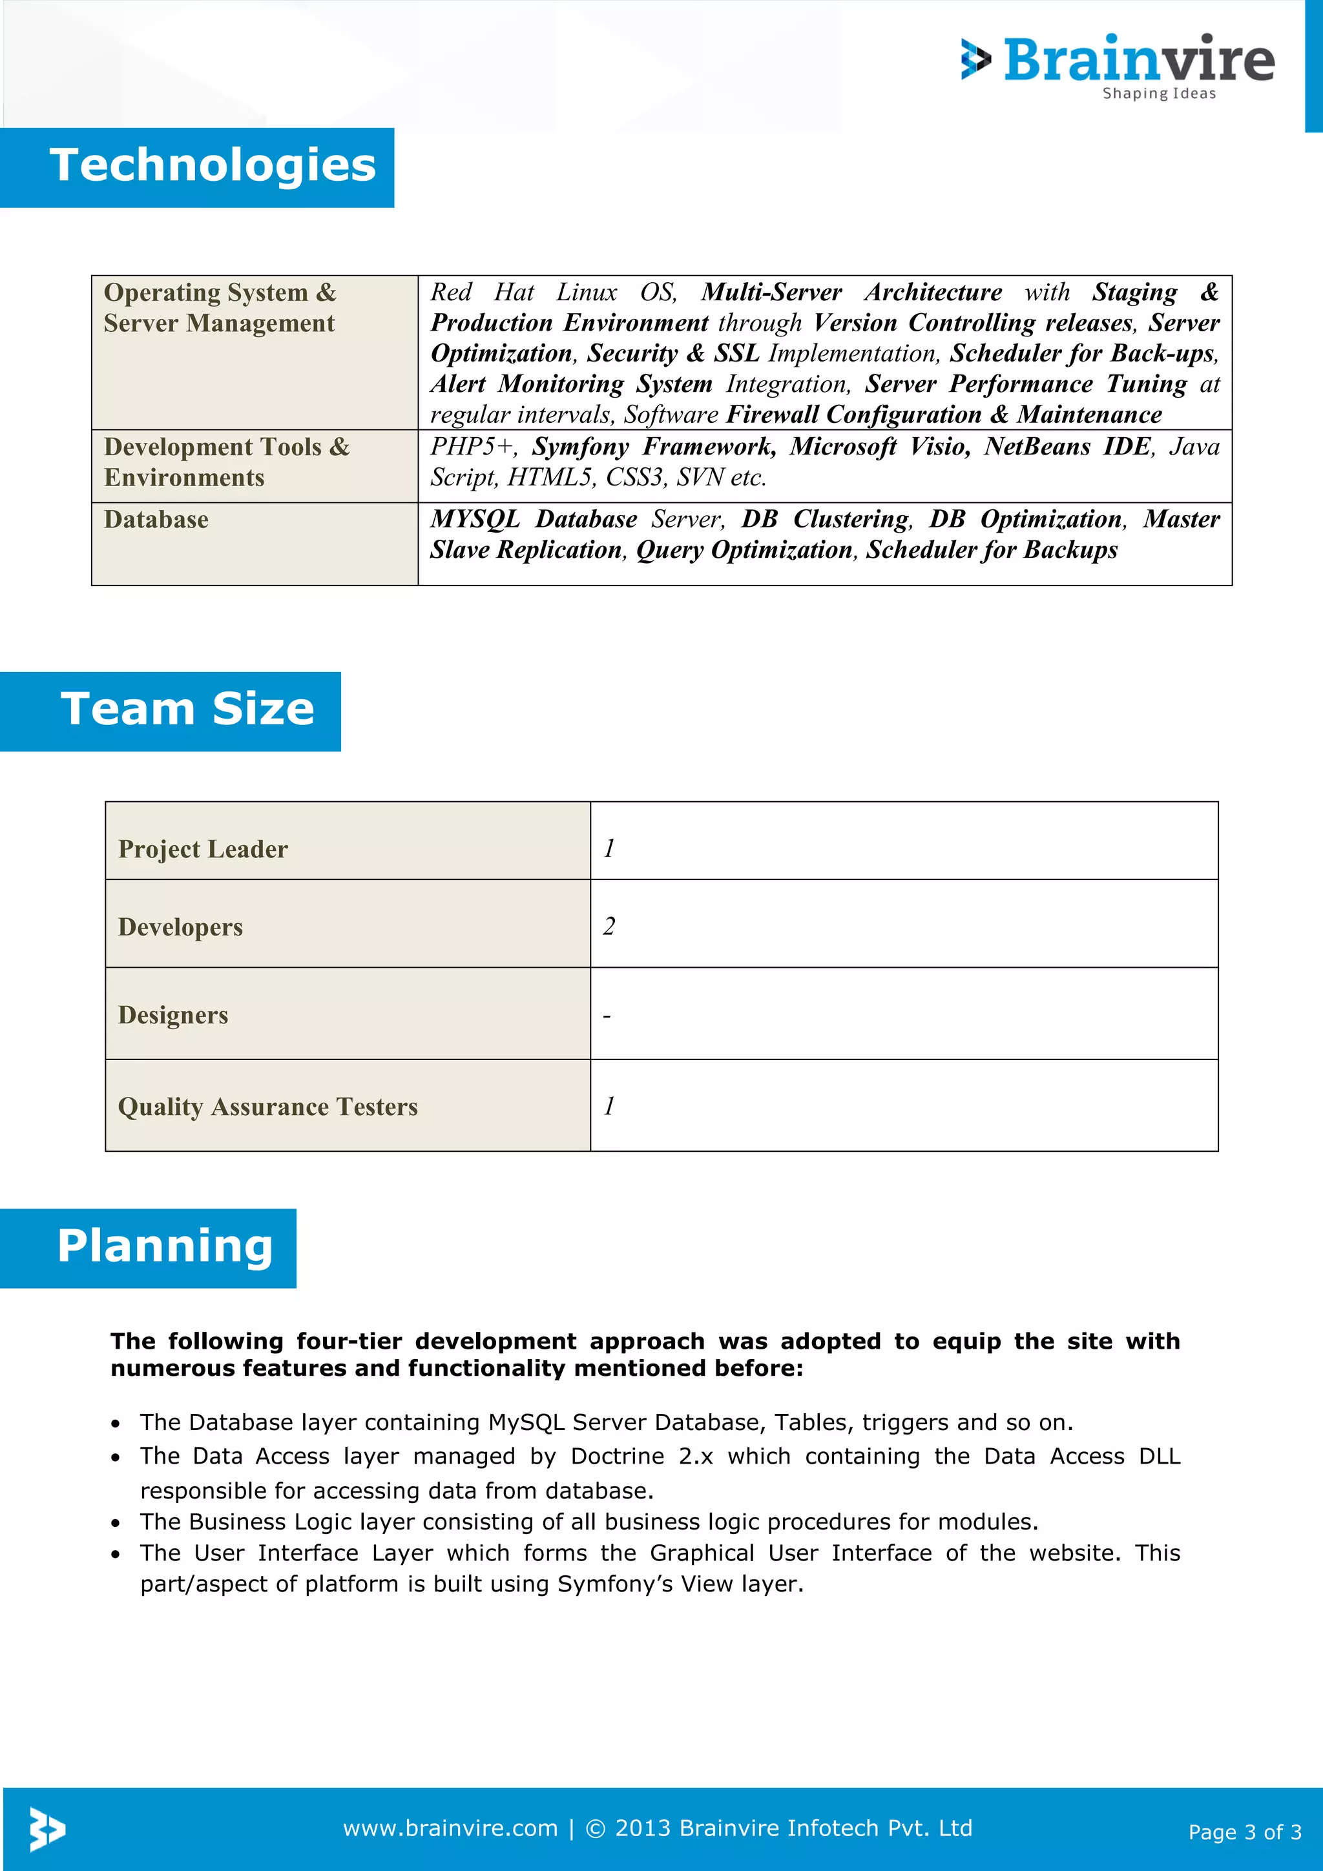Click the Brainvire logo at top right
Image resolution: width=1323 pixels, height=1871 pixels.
pyautogui.click(x=1118, y=65)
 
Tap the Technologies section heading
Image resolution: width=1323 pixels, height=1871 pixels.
pyautogui.click(x=213, y=165)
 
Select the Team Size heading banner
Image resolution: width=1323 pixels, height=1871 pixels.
pyautogui.click(x=187, y=709)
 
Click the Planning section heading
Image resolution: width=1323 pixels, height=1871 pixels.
pyautogui.click(x=165, y=1246)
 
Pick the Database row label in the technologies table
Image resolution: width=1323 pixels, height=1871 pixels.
pyautogui.click(x=156, y=520)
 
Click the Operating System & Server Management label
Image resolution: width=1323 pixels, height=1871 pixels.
pyautogui.click(x=219, y=307)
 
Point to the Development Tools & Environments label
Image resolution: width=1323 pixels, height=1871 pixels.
pyautogui.click(x=226, y=462)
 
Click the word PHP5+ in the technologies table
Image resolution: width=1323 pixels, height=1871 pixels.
pyautogui.click(x=473, y=447)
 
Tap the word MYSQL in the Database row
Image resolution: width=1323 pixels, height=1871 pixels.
pyautogui.click(x=475, y=519)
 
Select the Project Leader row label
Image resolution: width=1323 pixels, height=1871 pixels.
pyautogui.click(x=203, y=849)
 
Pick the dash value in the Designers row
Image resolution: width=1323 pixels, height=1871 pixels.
pyautogui.click(x=607, y=1017)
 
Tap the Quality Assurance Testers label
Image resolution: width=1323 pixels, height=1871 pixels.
pyautogui.click(x=267, y=1107)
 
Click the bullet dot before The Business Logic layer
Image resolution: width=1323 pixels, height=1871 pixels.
pyautogui.click(x=116, y=1523)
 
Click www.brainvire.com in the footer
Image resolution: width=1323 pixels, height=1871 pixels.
pyautogui.click(x=450, y=1828)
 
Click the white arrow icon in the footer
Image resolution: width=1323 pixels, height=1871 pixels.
pyautogui.click(x=47, y=1828)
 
